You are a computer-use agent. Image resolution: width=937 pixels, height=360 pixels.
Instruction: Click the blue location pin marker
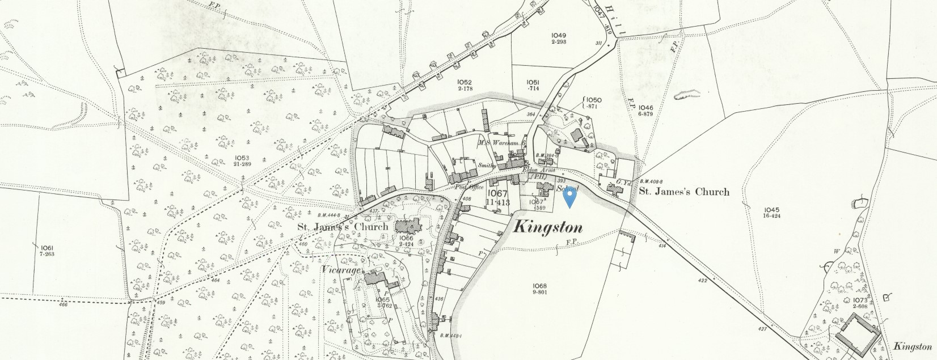coord(569,197)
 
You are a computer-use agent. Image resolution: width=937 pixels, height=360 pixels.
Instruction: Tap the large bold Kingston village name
coord(548,228)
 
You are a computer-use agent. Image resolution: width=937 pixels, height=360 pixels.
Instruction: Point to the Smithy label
coord(487,166)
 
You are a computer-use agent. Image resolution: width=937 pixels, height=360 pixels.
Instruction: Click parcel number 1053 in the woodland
coord(242,156)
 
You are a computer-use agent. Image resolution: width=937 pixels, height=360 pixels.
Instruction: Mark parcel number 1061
coord(47,248)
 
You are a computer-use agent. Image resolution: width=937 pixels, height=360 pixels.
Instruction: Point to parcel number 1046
coord(645,107)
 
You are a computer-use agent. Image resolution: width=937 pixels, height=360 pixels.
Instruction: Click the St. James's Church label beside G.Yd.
coord(684,192)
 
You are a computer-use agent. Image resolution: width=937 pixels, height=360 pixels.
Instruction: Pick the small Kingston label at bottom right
coord(912,346)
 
